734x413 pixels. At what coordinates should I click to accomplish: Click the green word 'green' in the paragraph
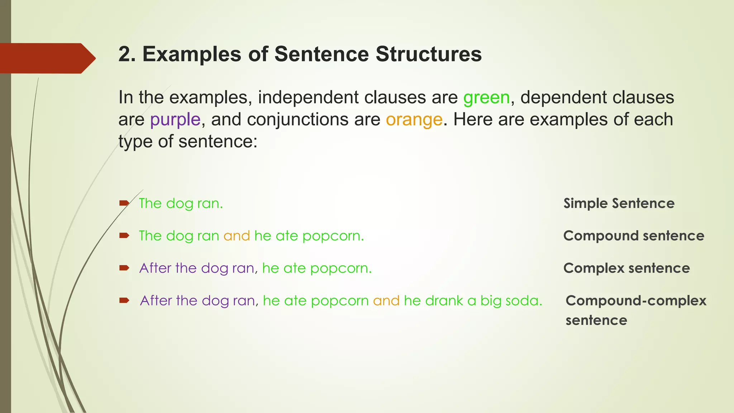486,98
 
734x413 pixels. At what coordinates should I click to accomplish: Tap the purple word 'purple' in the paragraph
175,120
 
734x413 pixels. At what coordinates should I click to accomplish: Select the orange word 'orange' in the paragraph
414,120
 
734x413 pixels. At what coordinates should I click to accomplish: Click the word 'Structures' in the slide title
429,54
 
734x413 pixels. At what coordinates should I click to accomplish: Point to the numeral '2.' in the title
127,54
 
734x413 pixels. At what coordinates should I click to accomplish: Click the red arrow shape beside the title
47,58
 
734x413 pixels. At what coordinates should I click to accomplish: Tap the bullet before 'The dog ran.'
124,203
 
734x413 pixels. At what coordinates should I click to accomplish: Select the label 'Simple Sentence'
619,203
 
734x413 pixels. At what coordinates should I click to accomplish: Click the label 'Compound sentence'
634,236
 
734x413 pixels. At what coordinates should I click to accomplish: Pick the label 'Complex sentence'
626,268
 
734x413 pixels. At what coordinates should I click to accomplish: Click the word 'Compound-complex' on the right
636,300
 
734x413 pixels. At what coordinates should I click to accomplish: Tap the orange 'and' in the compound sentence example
237,236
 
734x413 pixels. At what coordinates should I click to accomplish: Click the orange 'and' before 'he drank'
386,300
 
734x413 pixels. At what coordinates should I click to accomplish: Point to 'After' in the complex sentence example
155,268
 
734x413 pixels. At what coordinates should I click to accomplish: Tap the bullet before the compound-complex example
124,300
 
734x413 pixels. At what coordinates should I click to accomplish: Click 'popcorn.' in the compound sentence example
333,236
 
